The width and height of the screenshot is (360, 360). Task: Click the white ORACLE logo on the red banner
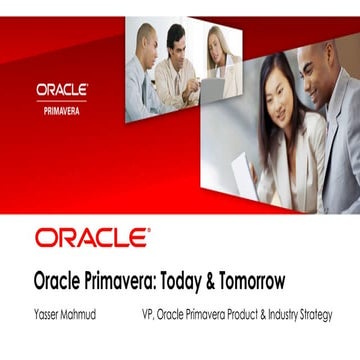(62, 89)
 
